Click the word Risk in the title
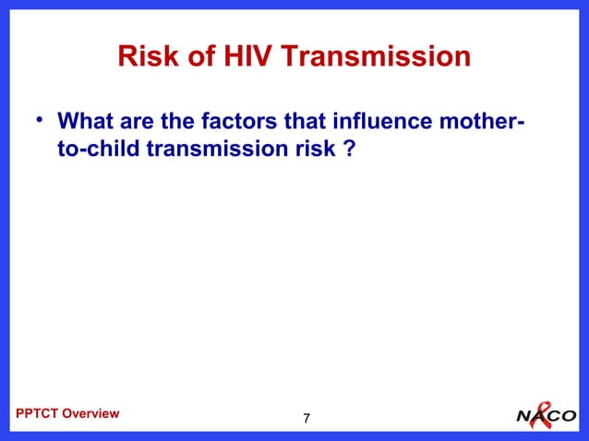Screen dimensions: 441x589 pos(145,58)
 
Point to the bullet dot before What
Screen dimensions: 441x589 pos(40,120)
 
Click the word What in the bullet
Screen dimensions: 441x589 pos(83,122)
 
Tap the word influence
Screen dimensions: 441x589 pos(361,122)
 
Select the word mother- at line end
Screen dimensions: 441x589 pos(468,122)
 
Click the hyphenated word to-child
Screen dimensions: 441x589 pos(97,149)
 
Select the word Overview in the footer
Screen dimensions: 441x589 pos(90,413)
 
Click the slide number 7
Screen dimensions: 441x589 pos(307,420)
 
